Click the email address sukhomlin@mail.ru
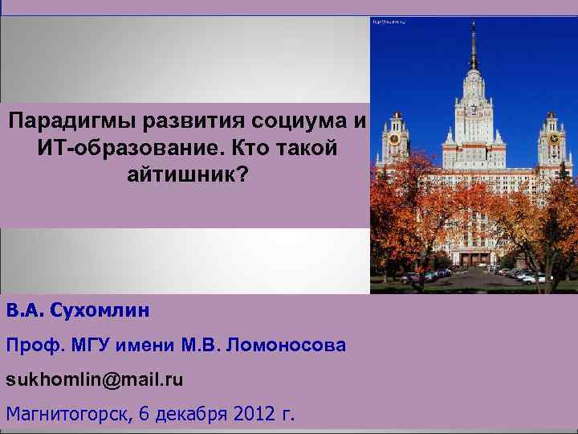(x=95, y=379)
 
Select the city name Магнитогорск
(x=67, y=414)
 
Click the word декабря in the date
(x=192, y=414)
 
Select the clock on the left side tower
(x=395, y=138)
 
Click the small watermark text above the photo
(x=388, y=21)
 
